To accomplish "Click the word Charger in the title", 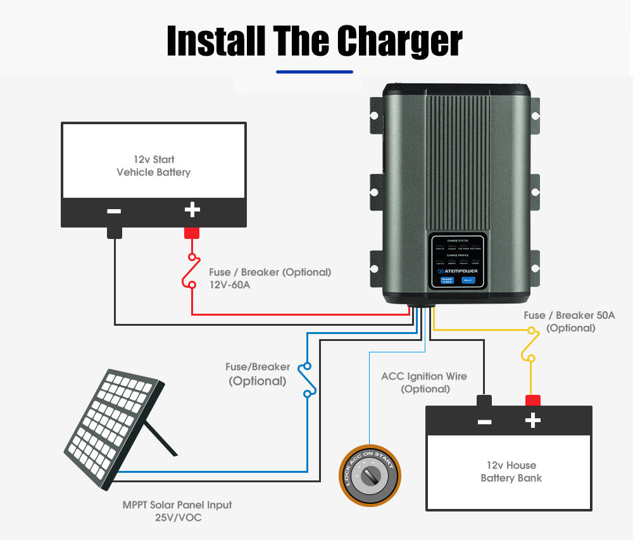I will [400, 42].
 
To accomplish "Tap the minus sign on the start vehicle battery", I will [114, 210].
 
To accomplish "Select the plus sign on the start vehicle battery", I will [192, 210].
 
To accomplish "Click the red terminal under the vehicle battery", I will [192, 233].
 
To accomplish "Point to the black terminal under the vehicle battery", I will [114, 232].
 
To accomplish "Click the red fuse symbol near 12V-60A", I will [192, 271].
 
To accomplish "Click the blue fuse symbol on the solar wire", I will [308, 380].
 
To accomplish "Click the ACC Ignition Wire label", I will [424, 376].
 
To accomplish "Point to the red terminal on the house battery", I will [533, 401].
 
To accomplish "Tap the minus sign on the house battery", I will [485, 421].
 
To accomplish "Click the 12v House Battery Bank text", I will [511, 472].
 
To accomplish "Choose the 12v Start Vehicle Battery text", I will [153, 165].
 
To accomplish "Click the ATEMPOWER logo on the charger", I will [457, 271].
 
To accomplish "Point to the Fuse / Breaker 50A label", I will [569, 315].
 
